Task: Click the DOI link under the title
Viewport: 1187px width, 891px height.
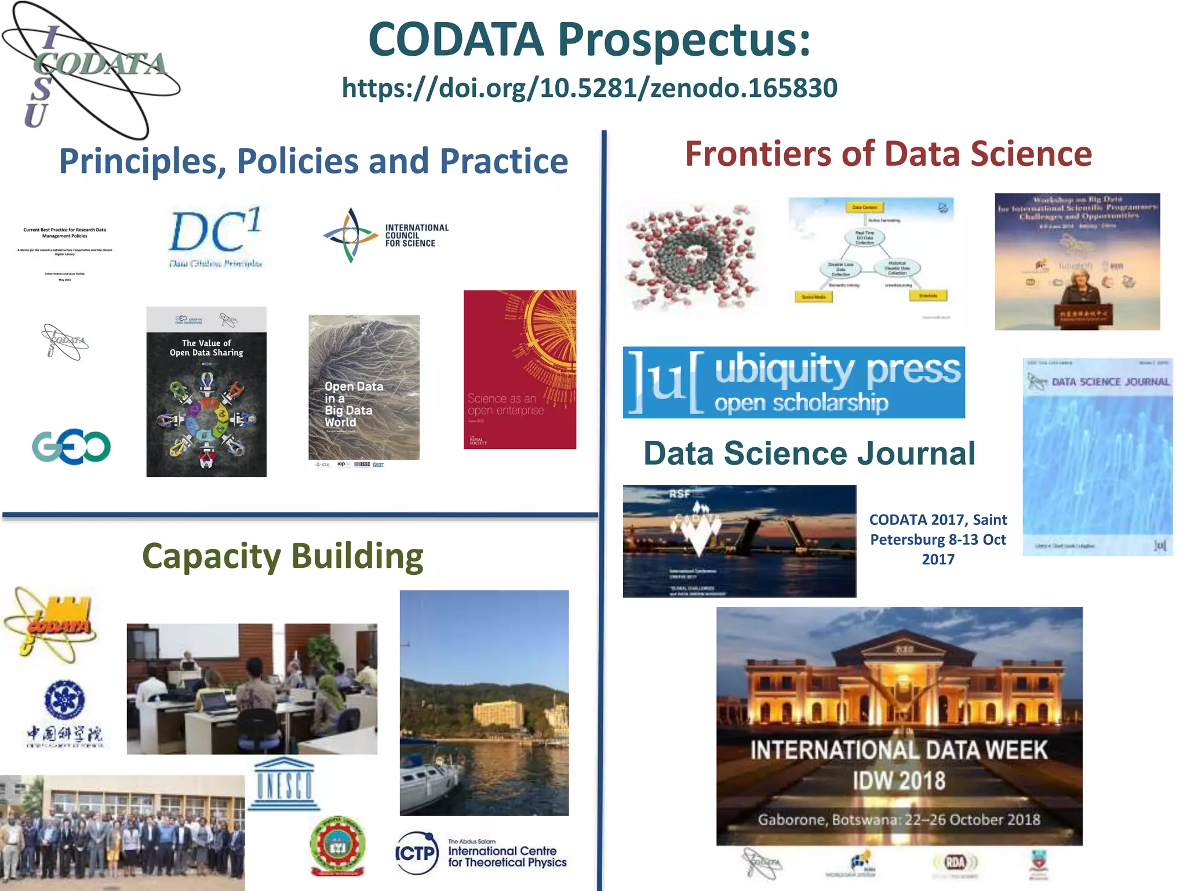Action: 589,88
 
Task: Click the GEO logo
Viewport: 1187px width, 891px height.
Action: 71,447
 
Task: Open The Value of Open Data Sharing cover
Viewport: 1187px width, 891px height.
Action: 206,392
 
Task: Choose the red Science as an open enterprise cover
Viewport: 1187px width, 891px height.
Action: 520,370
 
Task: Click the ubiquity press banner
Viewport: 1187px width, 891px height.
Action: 793,382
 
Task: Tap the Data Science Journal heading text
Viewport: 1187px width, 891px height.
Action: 809,453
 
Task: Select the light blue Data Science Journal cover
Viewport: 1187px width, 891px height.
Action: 1098,457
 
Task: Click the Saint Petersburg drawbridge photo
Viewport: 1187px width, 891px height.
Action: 739,541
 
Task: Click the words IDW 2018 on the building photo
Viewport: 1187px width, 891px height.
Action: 899,781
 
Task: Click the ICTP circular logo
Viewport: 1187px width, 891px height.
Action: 417,853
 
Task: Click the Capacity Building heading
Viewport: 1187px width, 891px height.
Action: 282,556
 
